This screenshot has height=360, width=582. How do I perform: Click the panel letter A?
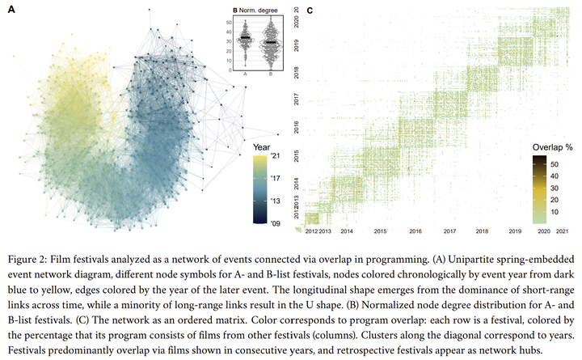[11, 9]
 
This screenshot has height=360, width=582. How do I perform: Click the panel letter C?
[310, 11]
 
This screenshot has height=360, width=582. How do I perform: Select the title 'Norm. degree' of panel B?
[259, 11]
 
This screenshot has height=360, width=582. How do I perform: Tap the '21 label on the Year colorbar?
[276, 155]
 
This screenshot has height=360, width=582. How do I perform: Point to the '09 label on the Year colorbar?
[276, 223]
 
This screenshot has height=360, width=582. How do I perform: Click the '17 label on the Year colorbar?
[276, 178]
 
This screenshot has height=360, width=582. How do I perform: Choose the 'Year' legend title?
[262, 147]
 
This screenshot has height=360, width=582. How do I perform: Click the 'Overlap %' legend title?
[553, 147]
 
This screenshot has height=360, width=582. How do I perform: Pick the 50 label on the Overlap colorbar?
[555, 164]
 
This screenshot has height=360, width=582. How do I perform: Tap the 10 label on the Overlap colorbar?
[555, 212]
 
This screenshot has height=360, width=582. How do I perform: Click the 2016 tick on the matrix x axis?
[415, 231]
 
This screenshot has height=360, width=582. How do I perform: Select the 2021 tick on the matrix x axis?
[562, 231]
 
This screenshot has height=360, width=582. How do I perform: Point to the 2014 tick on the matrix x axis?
[347, 231]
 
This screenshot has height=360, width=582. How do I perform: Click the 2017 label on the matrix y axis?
[296, 100]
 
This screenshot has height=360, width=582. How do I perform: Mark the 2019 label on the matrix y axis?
[296, 45]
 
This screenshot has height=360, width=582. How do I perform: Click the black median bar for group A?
[246, 37]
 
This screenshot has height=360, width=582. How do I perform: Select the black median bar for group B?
[271, 42]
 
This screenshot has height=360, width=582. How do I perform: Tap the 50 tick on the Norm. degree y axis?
[229, 23]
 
